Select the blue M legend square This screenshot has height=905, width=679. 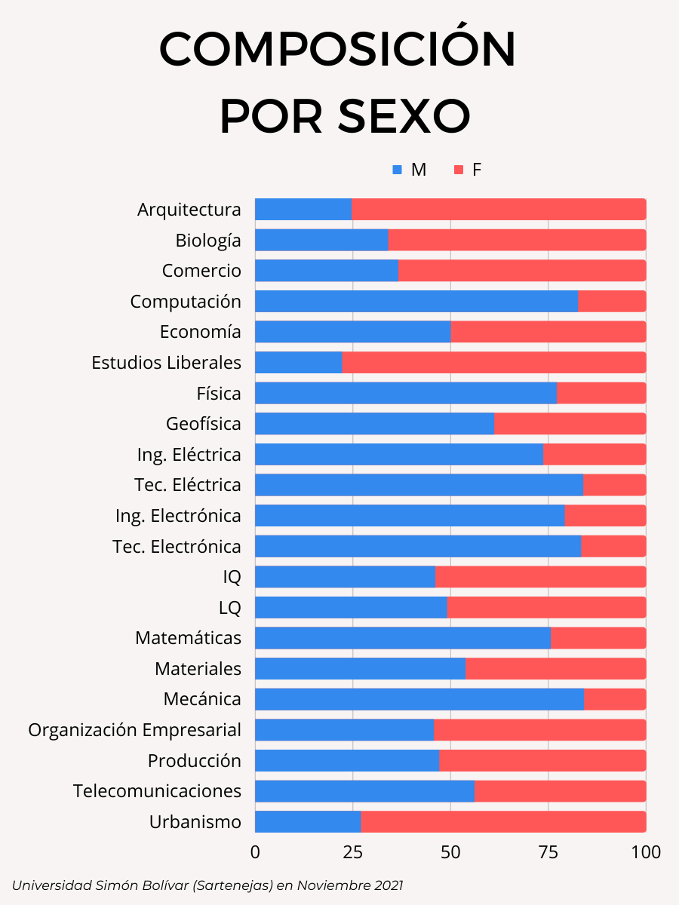pyautogui.click(x=398, y=170)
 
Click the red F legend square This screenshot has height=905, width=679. pyautogui.click(x=459, y=170)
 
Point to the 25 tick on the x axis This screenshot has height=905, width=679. pyautogui.click(x=352, y=852)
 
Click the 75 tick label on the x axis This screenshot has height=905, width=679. pyautogui.click(x=548, y=852)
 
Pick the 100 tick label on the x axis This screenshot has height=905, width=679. pyautogui.click(x=646, y=852)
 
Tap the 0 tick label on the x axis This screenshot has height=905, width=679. pyautogui.click(x=255, y=852)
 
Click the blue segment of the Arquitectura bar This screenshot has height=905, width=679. pyautogui.click(x=303, y=210)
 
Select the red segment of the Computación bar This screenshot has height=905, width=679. pyautogui.click(x=612, y=302)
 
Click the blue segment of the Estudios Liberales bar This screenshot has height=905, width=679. pyautogui.click(x=298, y=363)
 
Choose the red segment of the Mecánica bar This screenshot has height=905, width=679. pyautogui.click(x=615, y=699)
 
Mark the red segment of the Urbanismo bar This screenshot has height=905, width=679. pyautogui.click(x=503, y=822)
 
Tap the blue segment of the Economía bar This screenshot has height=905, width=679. pyautogui.click(x=352, y=332)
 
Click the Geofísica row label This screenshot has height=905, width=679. pyautogui.click(x=204, y=424)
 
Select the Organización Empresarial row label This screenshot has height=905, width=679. pyautogui.click(x=135, y=730)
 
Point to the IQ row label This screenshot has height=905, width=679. pyautogui.click(x=232, y=577)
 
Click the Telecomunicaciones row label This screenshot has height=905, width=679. pyautogui.click(x=157, y=791)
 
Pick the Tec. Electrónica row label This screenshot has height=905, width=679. pyautogui.click(x=177, y=547)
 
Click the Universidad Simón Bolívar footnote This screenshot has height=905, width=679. pyautogui.click(x=207, y=885)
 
